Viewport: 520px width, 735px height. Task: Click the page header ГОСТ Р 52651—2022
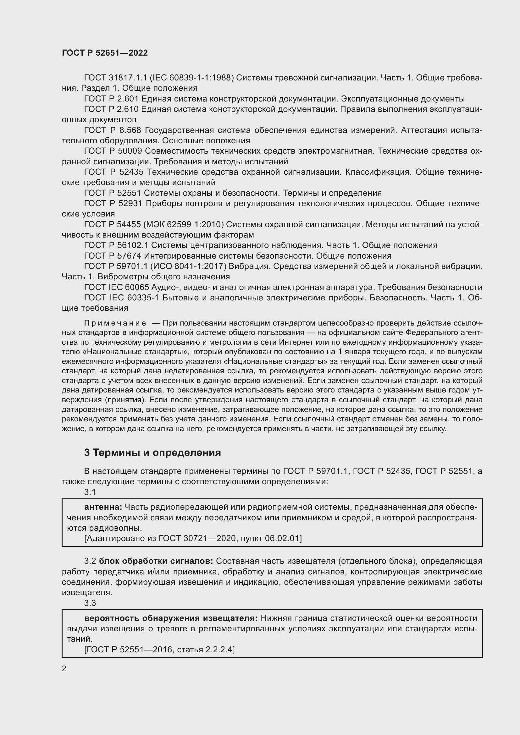[105, 53]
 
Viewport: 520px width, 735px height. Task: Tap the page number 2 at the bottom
[64, 669]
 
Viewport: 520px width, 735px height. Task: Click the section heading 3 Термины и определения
[152, 452]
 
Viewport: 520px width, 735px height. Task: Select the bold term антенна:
[103, 507]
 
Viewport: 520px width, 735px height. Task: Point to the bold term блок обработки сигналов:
[156, 561]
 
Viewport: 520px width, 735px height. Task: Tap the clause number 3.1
[90, 492]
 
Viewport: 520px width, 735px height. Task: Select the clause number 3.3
[90, 603]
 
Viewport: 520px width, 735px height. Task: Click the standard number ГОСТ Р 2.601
[111, 99]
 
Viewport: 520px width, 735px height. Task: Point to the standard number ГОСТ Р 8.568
[113, 130]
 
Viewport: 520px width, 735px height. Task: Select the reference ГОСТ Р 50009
[113, 151]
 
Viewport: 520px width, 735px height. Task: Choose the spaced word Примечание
[115, 323]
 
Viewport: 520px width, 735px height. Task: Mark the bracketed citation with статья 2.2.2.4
[159, 650]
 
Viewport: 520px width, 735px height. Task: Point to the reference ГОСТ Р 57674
[113, 256]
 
